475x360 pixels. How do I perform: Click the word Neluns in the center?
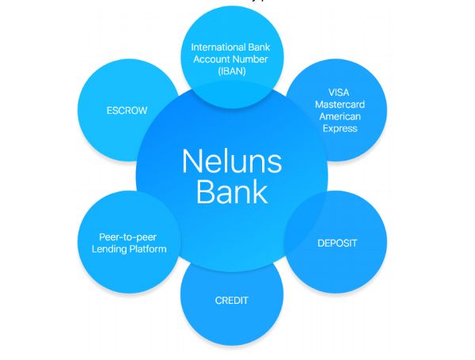(232, 161)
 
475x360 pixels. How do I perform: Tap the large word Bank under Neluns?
(232, 191)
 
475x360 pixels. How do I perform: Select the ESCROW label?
(127, 111)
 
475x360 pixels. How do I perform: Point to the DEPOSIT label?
(337, 243)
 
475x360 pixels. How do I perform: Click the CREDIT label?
(232, 301)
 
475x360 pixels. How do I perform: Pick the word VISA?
(339, 93)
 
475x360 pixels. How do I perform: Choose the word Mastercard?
(340, 104)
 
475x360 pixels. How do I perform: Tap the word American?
(340, 116)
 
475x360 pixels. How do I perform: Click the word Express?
(340, 129)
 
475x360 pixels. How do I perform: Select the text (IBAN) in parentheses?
(232, 71)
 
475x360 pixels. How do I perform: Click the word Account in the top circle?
(211, 59)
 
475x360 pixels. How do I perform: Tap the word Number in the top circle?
(250, 59)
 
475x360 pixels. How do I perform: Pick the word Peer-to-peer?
(127, 237)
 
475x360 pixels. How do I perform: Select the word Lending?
(109, 249)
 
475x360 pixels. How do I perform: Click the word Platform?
(148, 249)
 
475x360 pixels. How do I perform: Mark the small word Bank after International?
(259, 47)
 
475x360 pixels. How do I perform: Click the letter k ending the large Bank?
(260, 191)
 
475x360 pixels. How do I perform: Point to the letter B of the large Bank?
(205, 191)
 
